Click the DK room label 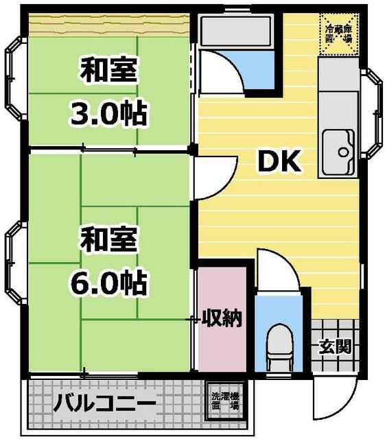tap(279, 162)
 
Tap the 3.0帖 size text tap(110, 112)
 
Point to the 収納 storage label tap(221, 319)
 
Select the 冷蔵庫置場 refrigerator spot tap(339, 32)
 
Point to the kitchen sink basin tap(337, 147)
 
